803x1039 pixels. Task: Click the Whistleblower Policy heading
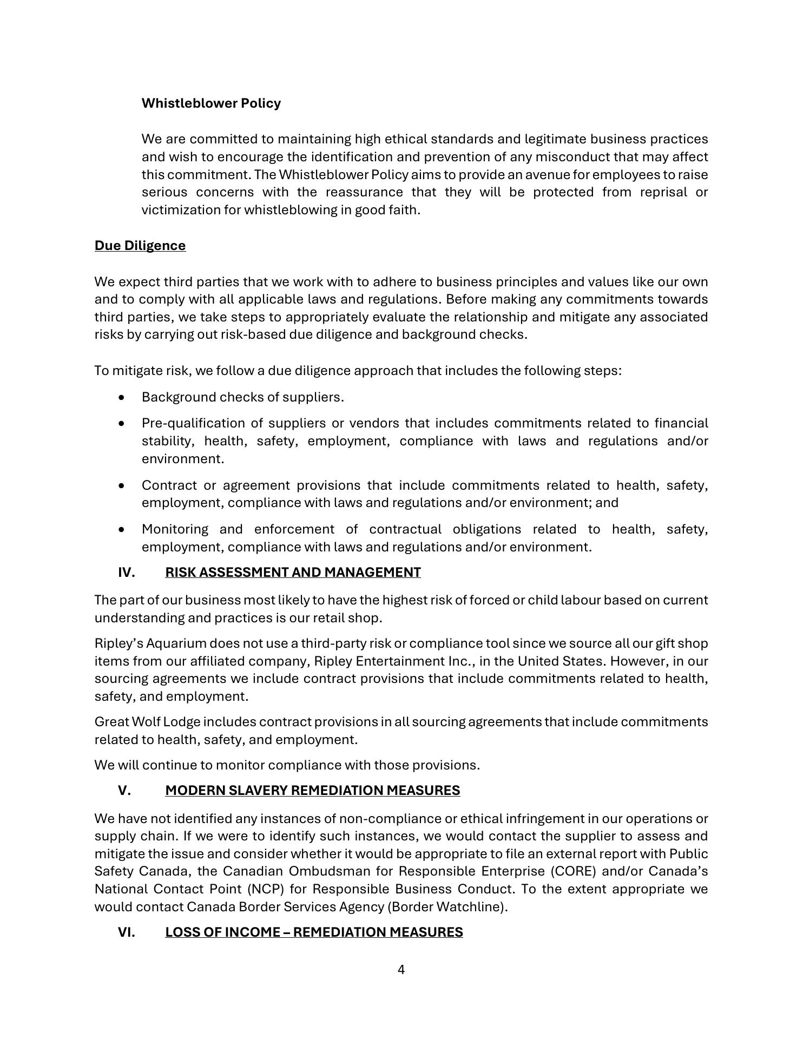coord(211,103)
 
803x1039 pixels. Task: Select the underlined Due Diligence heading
coord(140,246)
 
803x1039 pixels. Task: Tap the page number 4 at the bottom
coord(401,970)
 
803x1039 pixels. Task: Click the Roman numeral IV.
coord(127,573)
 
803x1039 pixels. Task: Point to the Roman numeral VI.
coord(127,932)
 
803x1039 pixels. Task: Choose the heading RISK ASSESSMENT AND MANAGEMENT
coord(293,573)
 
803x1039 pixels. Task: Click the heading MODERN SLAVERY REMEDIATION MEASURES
coord(312,791)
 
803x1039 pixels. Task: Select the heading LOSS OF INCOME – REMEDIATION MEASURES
coord(314,932)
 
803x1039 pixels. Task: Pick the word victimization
coord(181,210)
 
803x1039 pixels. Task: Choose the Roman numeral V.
coord(124,791)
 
